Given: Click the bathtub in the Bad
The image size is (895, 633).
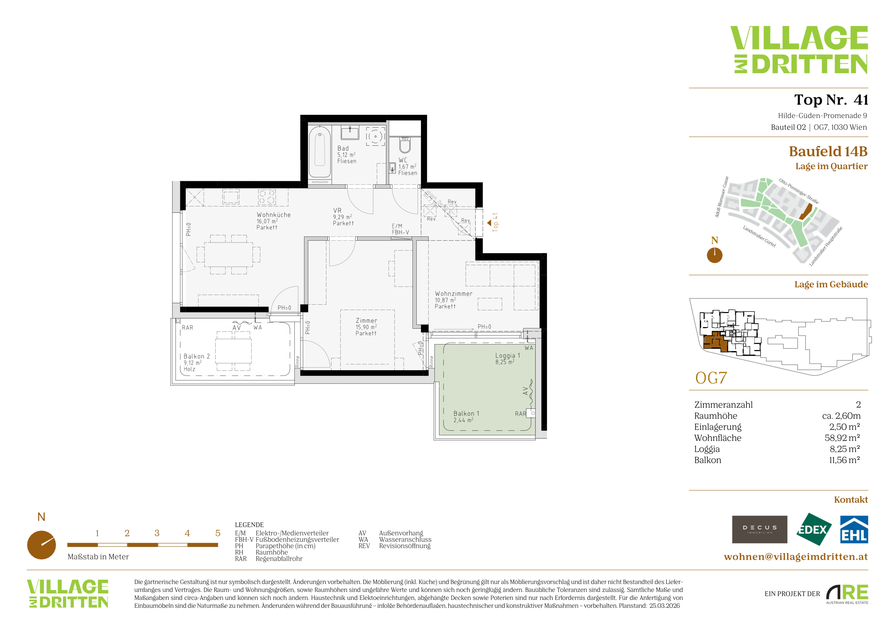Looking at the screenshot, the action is coord(320,152).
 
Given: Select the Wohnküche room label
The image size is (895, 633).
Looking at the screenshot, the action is coord(273,215).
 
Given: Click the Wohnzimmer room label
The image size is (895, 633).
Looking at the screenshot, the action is coord(453,294).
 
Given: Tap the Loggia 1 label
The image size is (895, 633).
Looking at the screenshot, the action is coord(508,356).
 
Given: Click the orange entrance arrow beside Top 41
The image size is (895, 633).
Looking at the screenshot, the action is coord(489,223).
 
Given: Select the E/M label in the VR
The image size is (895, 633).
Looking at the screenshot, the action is coord(397,226).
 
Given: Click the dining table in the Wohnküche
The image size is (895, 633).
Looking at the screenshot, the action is coord(228,254).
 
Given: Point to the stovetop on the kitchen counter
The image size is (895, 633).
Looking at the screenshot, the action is coord(267,197).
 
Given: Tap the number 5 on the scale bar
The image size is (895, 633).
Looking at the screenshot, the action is coord(218,533).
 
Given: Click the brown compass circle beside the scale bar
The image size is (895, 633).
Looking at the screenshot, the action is coord(41,545).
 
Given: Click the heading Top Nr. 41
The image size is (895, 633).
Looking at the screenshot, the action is coord(831,100).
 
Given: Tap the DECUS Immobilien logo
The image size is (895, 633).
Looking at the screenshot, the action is coord(759,529).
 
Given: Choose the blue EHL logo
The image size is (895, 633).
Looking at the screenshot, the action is coord(854,529).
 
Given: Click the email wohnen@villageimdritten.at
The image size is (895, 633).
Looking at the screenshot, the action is coord(796,557).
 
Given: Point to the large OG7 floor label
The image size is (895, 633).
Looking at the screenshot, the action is coord(711,378).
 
